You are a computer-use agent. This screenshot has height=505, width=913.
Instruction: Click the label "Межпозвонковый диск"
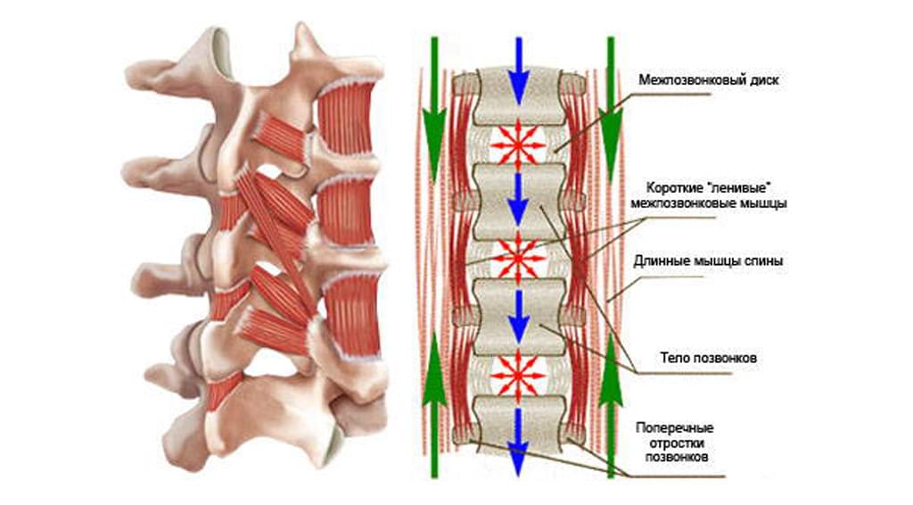click(709, 79)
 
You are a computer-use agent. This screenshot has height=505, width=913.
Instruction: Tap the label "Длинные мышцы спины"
click(708, 261)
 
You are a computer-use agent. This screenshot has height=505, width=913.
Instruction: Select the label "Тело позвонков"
click(709, 357)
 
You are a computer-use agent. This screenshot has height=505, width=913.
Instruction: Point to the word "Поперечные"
click(675, 427)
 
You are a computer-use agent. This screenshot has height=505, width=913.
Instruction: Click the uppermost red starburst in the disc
click(518, 144)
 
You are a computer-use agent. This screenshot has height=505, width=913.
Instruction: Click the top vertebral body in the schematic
click(518, 96)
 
